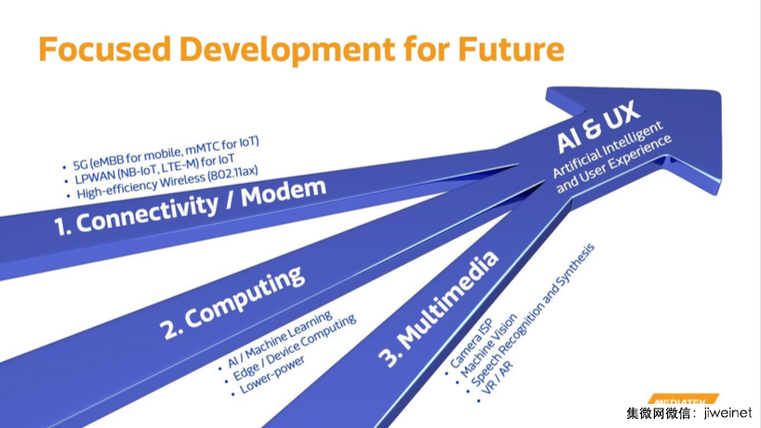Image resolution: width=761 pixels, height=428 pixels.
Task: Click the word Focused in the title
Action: click(104, 49)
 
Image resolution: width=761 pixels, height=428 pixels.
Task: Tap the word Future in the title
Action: click(511, 49)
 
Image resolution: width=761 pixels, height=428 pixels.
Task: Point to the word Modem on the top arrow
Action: click(284, 193)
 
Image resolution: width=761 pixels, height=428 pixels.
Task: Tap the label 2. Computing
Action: click(233, 302)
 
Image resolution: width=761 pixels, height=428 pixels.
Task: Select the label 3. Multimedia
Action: click(439, 309)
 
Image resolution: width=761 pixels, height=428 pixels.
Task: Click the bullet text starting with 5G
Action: click(166, 152)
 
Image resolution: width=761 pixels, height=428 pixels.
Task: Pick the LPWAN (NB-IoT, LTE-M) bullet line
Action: click(154, 168)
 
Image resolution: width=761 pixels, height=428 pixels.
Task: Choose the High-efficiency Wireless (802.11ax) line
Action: click(167, 182)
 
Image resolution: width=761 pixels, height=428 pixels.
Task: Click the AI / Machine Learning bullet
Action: click(279, 339)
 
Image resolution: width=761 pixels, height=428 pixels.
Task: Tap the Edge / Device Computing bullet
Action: click(294, 348)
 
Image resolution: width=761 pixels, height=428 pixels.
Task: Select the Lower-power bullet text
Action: click(272, 375)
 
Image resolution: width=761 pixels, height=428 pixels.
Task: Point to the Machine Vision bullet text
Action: click(488, 345)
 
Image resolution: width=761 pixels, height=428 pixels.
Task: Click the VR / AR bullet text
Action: click(498, 378)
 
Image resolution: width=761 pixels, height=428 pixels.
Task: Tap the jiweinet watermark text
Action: click(728, 413)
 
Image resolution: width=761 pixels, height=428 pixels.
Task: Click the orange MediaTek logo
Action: click(682, 399)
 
